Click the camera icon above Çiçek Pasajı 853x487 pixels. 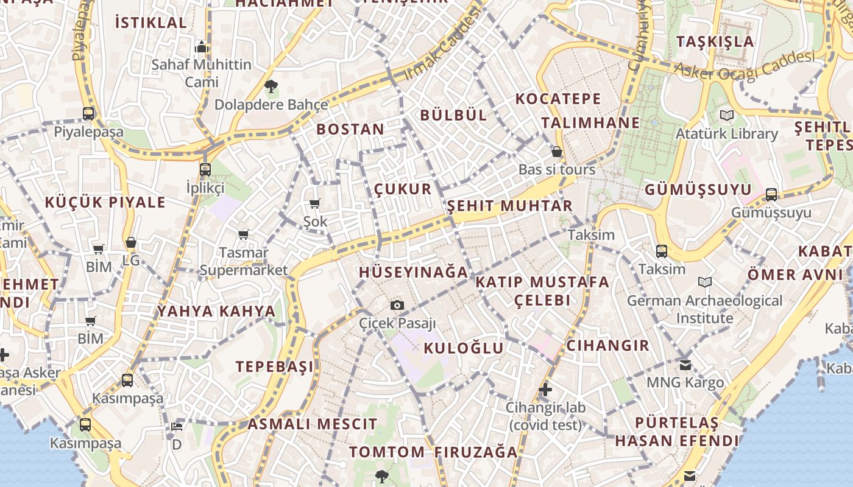pos(397,305)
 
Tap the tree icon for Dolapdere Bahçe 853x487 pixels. pos(271,86)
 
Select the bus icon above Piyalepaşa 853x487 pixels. pos(88,113)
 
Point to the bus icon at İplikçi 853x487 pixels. pos(205,170)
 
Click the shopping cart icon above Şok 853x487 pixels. pos(315,203)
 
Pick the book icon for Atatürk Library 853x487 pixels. pos(726,115)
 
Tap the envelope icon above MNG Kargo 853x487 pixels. pos(685,365)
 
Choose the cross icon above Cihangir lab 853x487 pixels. pos(545,390)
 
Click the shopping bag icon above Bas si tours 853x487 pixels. pos(556,152)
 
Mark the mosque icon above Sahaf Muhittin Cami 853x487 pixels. pos(202,47)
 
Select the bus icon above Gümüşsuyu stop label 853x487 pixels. pos(771,195)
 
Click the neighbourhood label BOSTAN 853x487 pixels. pos(350,129)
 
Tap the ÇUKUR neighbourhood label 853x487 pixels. pos(403,189)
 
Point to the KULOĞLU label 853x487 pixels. pos(464,348)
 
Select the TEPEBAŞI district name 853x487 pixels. pos(275,366)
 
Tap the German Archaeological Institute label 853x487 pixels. pos(705,309)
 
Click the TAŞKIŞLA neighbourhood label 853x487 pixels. pos(715,41)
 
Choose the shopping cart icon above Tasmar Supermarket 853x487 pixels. pos(244,234)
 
